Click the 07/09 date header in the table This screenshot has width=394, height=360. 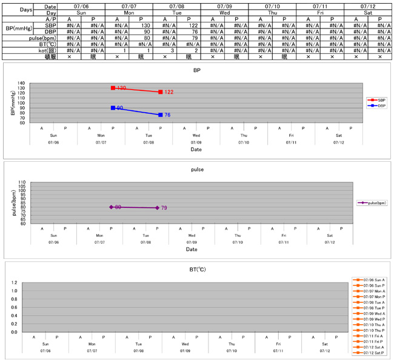click(224, 5)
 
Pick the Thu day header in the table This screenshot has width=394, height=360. click(272, 12)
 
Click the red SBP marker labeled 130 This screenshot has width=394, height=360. click(113, 88)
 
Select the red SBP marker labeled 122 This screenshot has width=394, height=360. click(160, 92)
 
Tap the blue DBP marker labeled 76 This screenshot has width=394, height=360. click(160, 115)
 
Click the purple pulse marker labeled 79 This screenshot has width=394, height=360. click(157, 208)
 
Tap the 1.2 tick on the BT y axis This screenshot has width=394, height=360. click(13, 283)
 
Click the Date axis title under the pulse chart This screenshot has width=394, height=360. click(192, 249)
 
